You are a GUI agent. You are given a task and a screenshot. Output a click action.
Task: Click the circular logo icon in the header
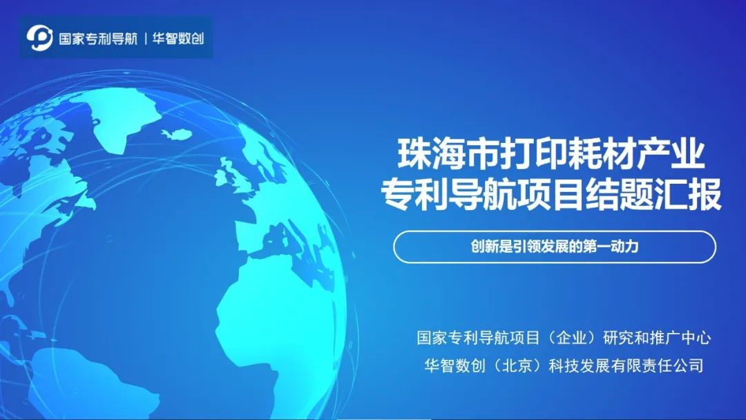point(39,38)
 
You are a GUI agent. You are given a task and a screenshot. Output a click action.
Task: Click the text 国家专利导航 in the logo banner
point(98,39)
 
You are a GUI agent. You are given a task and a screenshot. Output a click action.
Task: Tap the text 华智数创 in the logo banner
point(178,39)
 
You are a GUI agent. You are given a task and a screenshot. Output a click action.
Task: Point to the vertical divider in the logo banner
point(145,39)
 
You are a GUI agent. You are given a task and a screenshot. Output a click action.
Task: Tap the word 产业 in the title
point(670,153)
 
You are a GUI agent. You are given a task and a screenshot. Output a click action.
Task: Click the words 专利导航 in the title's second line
point(449,194)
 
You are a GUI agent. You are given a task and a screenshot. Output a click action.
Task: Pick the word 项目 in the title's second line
point(552,194)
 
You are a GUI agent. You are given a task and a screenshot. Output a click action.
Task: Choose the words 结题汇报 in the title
point(654,194)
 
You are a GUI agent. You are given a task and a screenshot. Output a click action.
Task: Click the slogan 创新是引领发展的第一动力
point(555,247)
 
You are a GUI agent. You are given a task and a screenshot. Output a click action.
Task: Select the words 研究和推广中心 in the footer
point(657,338)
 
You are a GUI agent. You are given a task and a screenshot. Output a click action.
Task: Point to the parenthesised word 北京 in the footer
point(517,365)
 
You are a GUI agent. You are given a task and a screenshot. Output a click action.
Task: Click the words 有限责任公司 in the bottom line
point(658,365)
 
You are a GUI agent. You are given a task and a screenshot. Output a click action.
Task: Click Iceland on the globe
point(177,134)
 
